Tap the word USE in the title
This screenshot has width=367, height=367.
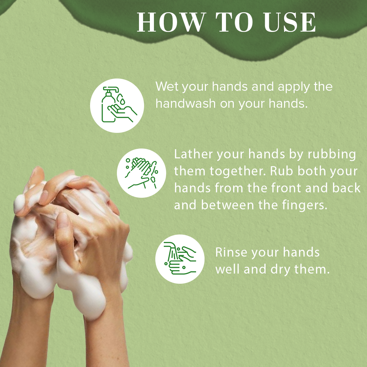pos(290,22)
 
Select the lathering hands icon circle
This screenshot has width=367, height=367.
pos(141,173)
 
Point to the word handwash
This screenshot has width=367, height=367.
pos(186,103)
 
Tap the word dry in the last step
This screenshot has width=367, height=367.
pos(280,270)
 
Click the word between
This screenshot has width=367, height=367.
pos(227,205)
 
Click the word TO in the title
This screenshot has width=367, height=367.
pos(234,22)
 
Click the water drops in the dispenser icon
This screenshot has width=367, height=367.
pos(121,99)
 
